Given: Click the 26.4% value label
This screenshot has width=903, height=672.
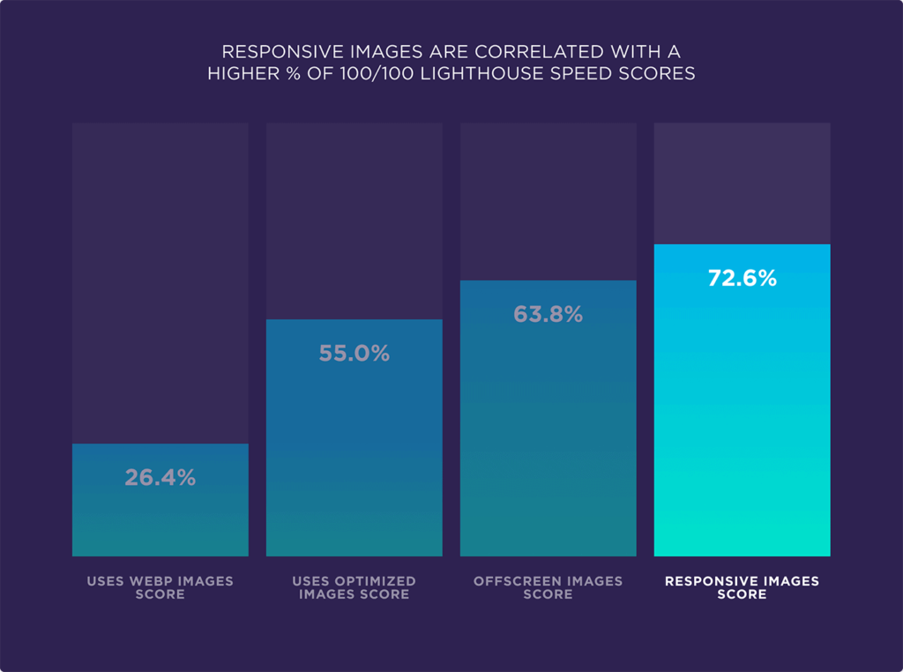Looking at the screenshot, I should click(x=160, y=478).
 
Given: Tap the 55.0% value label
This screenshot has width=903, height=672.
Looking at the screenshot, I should click(x=354, y=354).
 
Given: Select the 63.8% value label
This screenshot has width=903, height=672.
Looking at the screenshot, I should click(x=548, y=315).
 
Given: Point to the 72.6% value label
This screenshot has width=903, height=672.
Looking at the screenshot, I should click(x=742, y=279).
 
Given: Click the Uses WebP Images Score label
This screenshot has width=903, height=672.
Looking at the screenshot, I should click(x=160, y=587).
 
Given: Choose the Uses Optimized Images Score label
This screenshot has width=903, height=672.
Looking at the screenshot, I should click(x=354, y=587).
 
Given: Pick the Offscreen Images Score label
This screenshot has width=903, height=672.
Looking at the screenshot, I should click(x=548, y=587).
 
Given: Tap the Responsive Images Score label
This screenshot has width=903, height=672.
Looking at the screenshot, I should click(x=742, y=587).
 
